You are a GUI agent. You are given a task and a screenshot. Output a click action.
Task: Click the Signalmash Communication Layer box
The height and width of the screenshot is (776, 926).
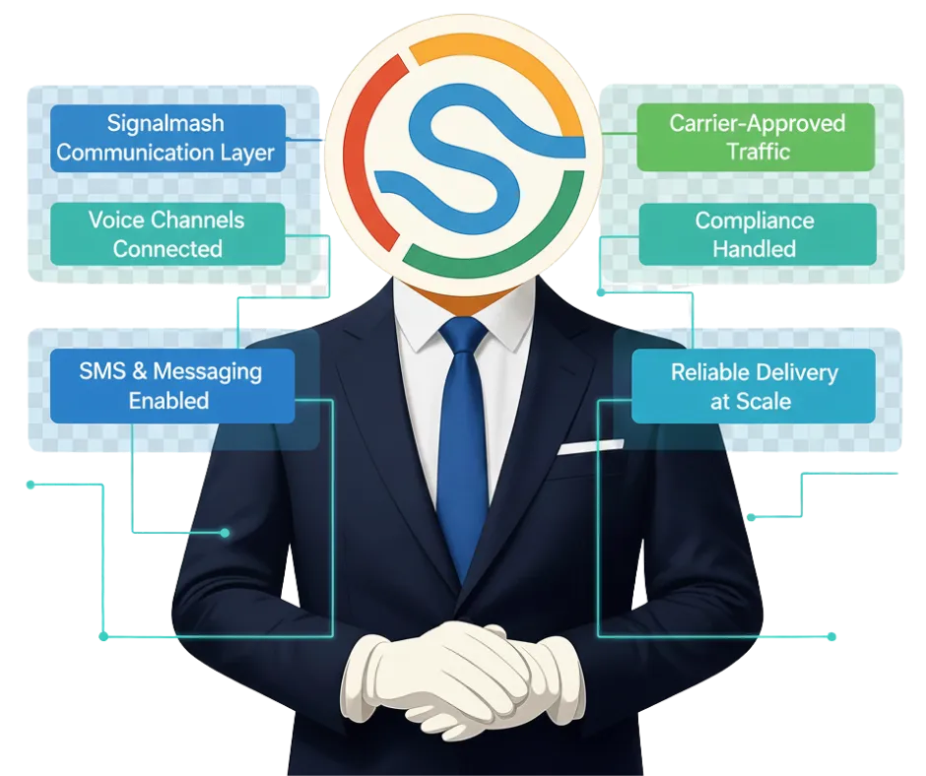click(x=167, y=138)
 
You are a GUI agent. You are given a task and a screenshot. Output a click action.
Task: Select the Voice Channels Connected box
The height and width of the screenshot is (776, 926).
click(x=167, y=233)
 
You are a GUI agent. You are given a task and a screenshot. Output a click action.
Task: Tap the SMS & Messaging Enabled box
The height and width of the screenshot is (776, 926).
click(x=171, y=386)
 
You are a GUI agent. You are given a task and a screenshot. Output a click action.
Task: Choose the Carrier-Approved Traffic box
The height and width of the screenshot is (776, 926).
click(x=758, y=138)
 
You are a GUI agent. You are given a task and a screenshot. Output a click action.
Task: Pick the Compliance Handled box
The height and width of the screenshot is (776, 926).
click(x=758, y=233)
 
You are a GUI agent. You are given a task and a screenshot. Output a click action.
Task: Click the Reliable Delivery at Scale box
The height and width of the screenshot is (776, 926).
click(x=754, y=386)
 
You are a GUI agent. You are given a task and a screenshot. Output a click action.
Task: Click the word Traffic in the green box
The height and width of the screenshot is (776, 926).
click(x=758, y=152)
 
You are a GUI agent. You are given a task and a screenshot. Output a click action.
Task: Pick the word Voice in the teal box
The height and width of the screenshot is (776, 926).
click(x=116, y=220)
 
